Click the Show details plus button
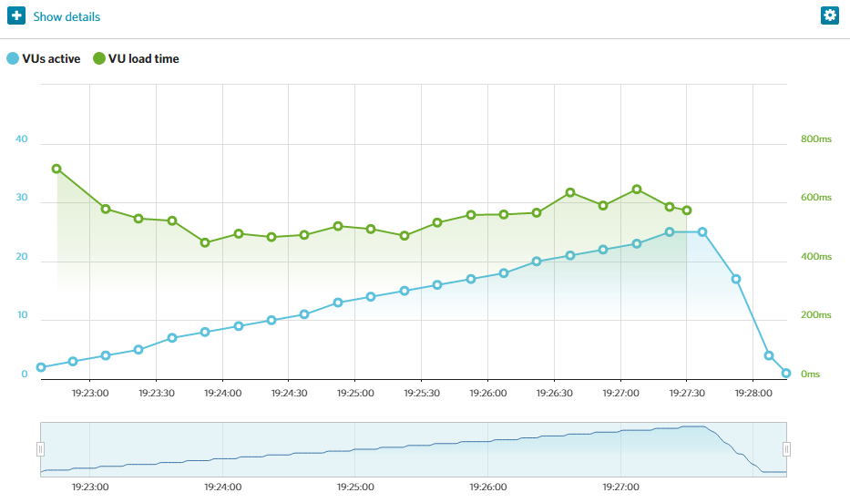(16, 16)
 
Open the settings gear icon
(829, 15)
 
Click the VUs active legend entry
(43, 59)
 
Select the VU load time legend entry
(137, 59)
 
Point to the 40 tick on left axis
(22, 139)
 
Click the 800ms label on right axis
(815, 139)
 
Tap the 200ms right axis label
(815, 315)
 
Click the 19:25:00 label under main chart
(355, 394)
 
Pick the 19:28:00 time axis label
(753, 394)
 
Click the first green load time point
(56, 169)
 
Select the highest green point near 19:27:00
(637, 190)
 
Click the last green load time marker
(687, 210)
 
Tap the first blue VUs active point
(41, 367)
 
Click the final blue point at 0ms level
(786, 373)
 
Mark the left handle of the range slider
(40, 449)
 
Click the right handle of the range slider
(786, 449)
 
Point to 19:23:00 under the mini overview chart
(90, 488)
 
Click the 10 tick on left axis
(22, 316)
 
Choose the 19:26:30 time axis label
(554, 394)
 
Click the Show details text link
(67, 17)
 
